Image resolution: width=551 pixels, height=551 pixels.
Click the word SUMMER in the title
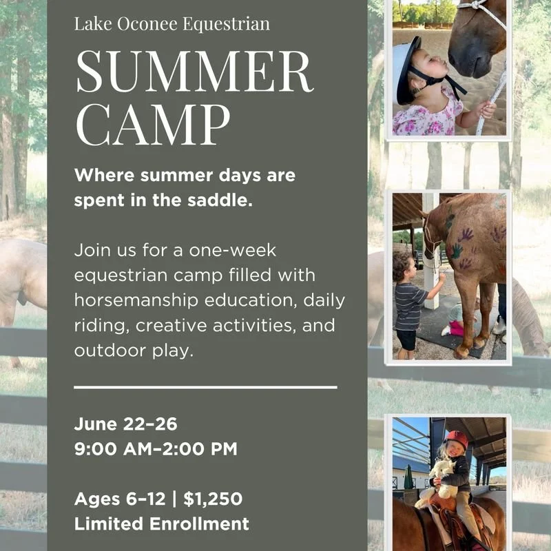194,72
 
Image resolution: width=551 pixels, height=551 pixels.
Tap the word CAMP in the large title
153,126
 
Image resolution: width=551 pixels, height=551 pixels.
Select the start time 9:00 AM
114,450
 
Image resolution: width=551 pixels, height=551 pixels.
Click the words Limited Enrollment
162,523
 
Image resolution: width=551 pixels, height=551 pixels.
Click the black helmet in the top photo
407,69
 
